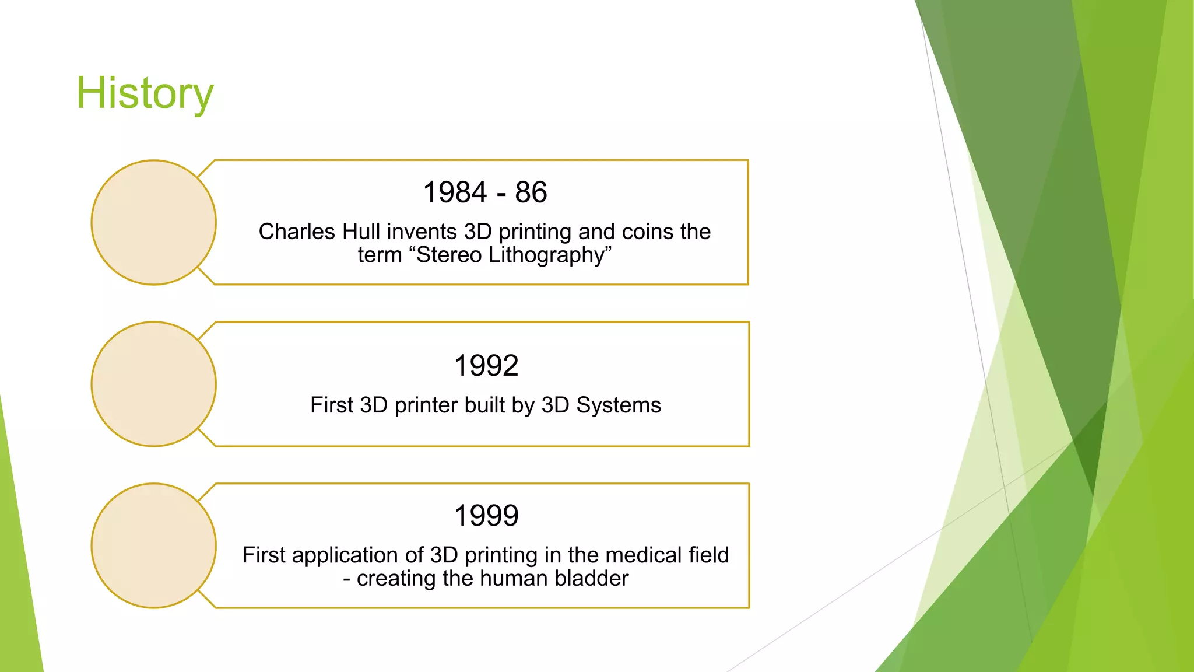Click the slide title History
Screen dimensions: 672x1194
(x=145, y=93)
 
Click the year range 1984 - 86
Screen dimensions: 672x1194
(x=485, y=192)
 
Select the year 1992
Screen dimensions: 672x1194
(x=486, y=366)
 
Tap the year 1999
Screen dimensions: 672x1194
(x=486, y=516)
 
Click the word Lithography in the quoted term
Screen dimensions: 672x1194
(x=550, y=256)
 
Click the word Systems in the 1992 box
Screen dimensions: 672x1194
(x=619, y=405)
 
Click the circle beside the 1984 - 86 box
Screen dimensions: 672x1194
(x=154, y=223)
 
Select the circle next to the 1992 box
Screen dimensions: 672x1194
(x=154, y=384)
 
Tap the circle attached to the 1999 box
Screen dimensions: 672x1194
(x=154, y=546)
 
